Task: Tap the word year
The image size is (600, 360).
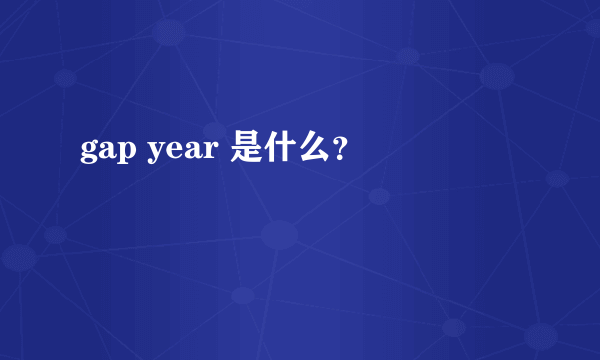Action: click(185, 153)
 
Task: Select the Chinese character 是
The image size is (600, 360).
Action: click(246, 150)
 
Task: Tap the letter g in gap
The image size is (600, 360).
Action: click(89, 154)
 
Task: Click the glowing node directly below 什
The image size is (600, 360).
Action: click(279, 235)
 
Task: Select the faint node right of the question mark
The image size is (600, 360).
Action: click(378, 196)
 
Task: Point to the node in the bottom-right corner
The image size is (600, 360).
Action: click(540, 336)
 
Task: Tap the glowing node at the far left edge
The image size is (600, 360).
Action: click(18, 258)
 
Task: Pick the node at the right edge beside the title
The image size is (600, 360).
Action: click(556, 179)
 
